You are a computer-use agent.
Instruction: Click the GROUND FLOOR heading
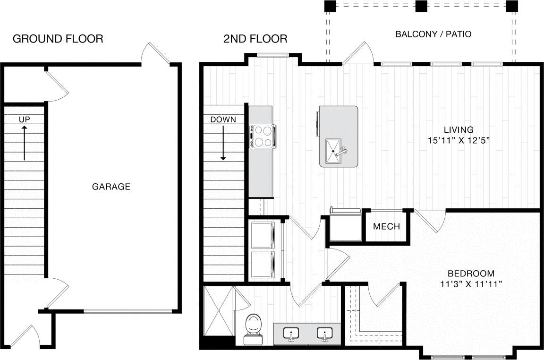pos(58,39)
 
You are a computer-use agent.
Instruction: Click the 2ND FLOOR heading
pos(255,39)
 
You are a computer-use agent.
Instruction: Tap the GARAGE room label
pos(111,187)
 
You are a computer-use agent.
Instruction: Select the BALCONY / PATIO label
pos(433,34)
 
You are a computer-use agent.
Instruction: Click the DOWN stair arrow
pos(223,144)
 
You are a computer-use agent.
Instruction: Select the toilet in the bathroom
pos(254,328)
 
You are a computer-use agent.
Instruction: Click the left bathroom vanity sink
pos(291,334)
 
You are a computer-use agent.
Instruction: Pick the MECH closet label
pos(386,226)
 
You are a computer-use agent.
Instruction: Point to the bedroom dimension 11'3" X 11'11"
pos(471,284)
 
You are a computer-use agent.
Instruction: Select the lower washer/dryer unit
pos(263,265)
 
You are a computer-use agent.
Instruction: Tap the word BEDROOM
pos(471,273)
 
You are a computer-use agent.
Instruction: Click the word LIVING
pos(458,129)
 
